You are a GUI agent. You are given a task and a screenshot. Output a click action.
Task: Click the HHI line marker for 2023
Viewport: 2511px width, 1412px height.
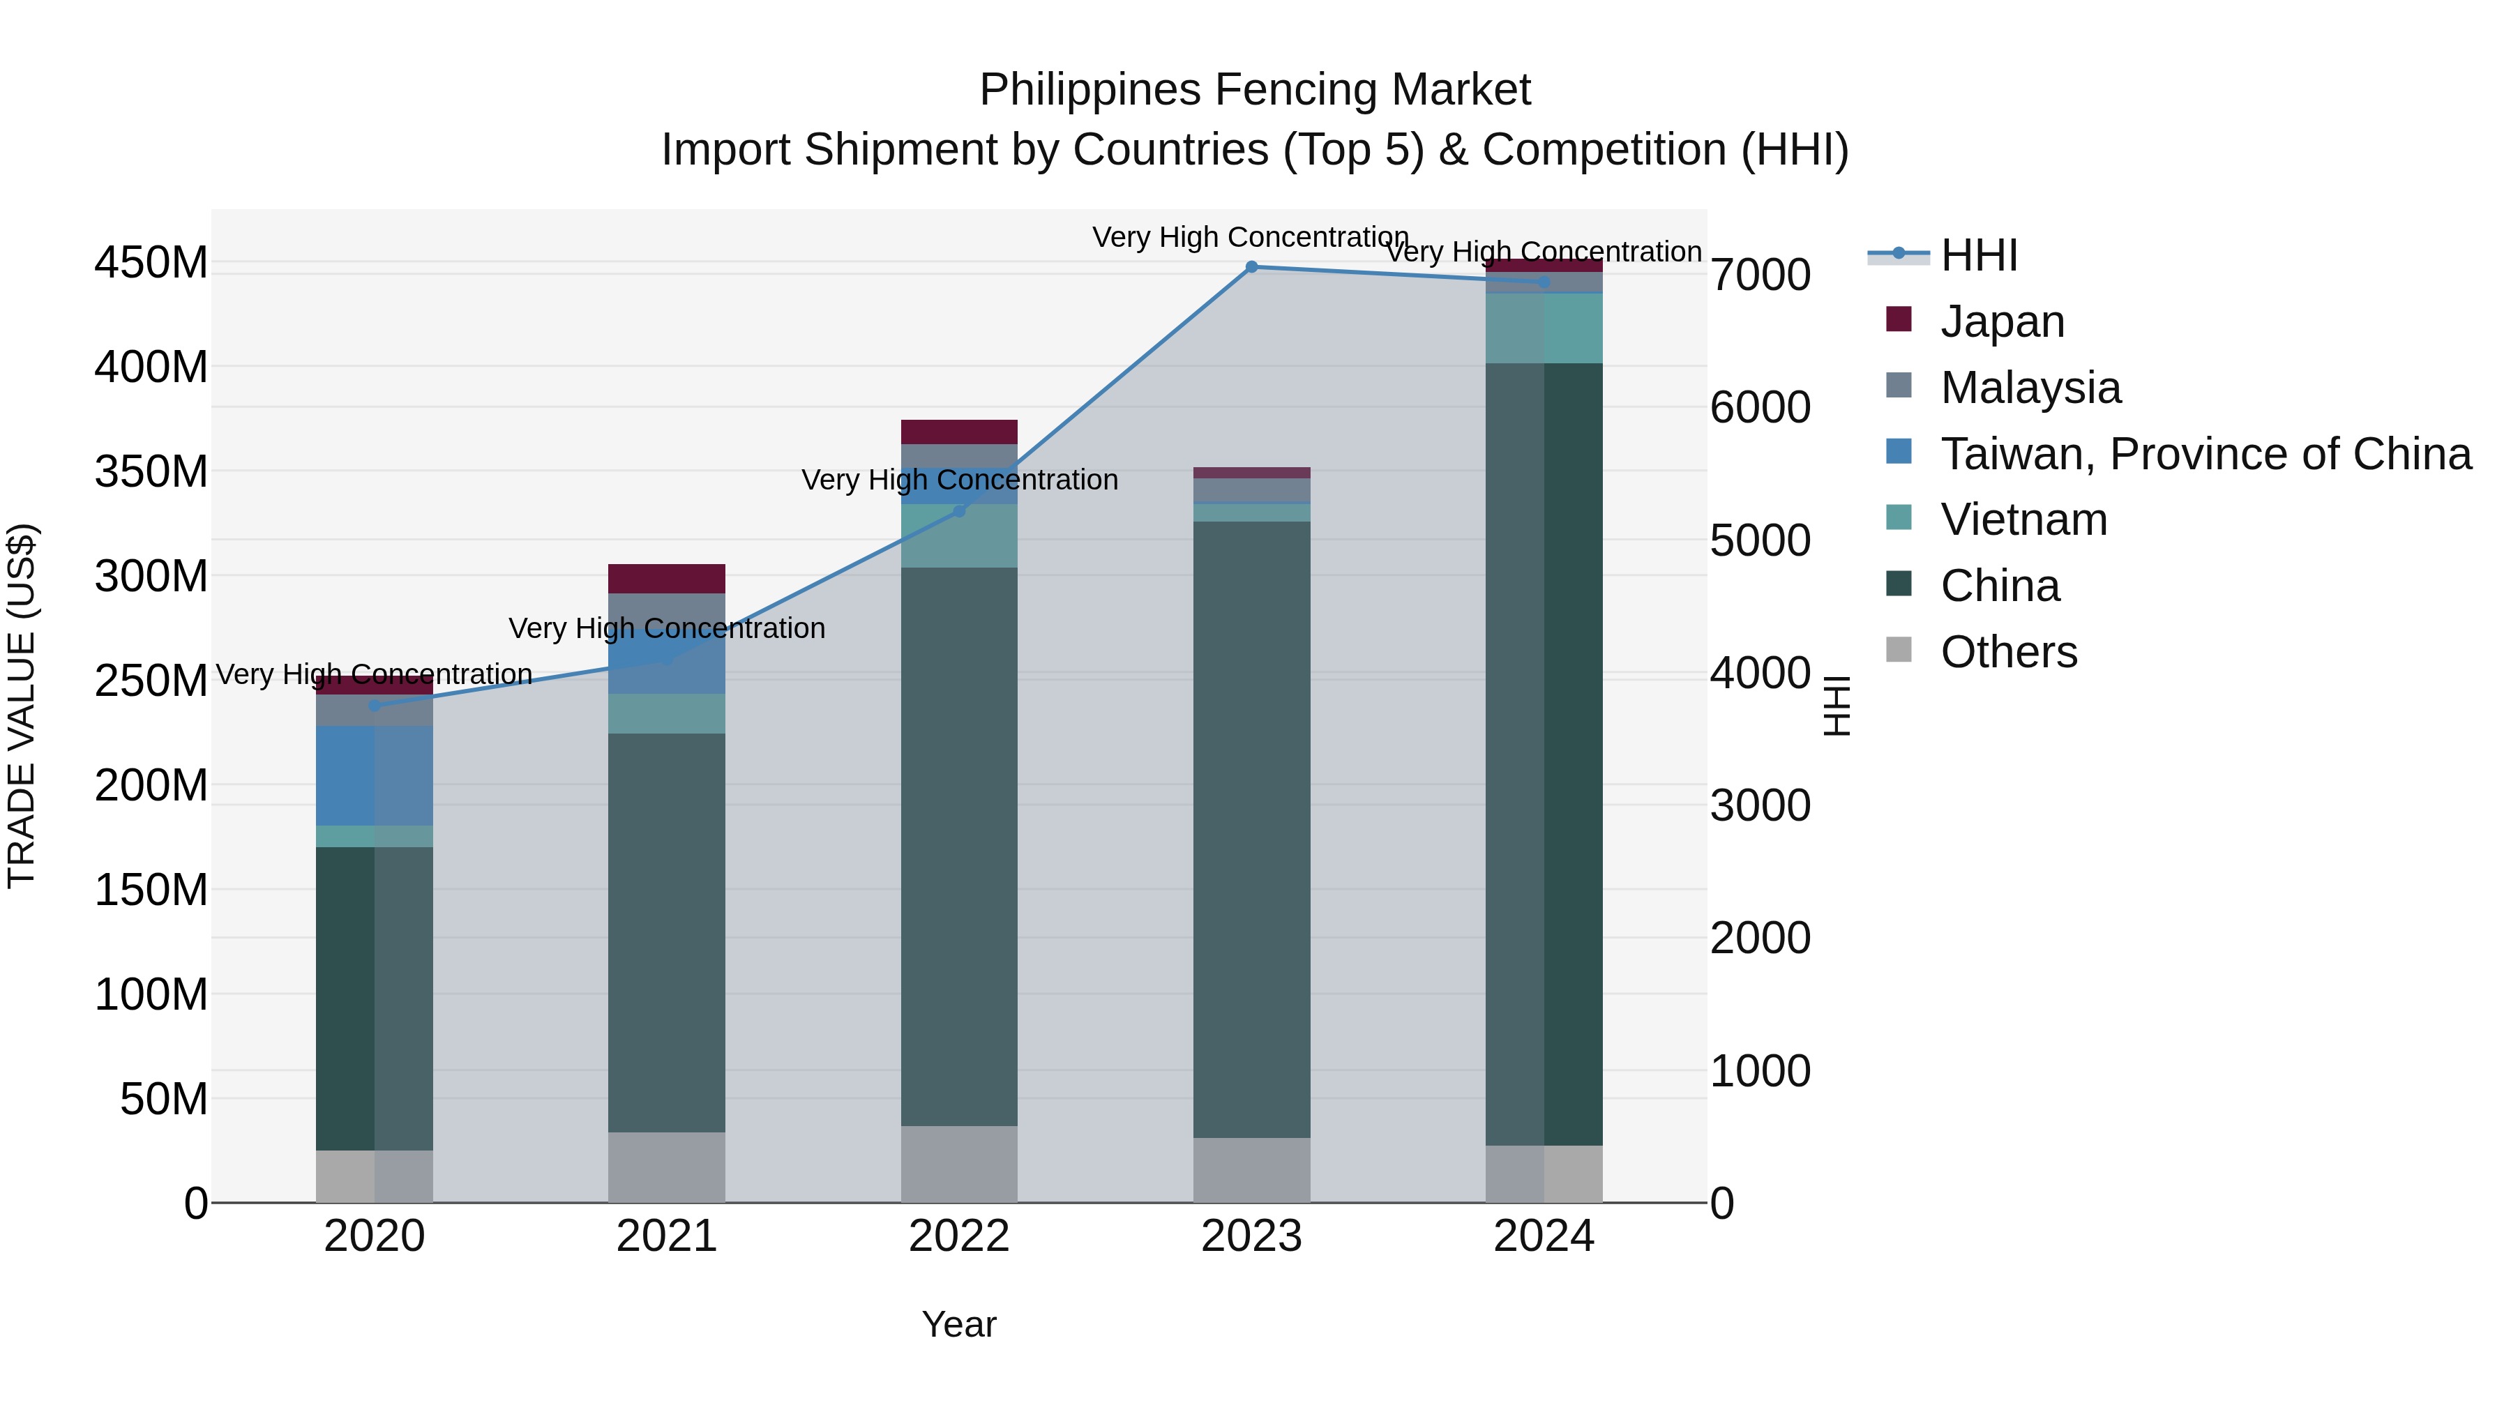pyautogui.click(x=1251, y=266)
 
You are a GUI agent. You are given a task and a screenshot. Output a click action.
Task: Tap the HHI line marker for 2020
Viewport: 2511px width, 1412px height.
pyautogui.click(x=375, y=706)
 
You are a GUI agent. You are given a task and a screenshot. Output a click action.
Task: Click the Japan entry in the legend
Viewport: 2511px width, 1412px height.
pyautogui.click(x=2001, y=321)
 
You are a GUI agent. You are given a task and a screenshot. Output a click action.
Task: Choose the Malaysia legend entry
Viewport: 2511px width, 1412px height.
pyautogui.click(x=2030, y=387)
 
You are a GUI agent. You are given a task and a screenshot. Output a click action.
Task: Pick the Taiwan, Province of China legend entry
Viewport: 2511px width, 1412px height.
pyautogui.click(x=2205, y=453)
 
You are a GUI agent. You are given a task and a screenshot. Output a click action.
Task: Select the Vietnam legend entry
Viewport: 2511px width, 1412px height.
pyautogui.click(x=2023, y=519)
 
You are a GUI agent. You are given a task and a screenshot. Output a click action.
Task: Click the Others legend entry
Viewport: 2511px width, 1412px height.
pyautogui.click(x=2008, y=652)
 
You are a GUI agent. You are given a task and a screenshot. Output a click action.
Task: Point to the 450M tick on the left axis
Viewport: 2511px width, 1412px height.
pyautogui.click(x=151, y=262)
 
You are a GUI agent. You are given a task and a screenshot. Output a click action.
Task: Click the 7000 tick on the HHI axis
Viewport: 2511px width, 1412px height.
pyautogui.click(x=1760, y=275)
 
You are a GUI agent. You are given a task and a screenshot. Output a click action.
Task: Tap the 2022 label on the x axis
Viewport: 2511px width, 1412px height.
pyautogui.click(x=959, y=1236)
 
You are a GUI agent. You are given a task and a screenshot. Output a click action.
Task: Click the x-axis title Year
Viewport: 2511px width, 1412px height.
pyautogui.click(x=959, y=1324)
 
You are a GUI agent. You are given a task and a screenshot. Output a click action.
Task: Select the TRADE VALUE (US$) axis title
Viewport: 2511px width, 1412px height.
pyautogui.click(x=22, y=706)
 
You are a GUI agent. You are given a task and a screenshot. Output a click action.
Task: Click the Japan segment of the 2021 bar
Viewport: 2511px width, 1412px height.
pyautogui.click(x=667, y=579)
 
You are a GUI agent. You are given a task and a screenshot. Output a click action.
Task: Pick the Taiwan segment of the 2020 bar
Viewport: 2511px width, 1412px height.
pyautogui.click(x=375, y=775)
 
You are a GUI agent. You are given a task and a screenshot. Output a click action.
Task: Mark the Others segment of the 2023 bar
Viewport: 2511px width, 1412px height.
pyautogui.click(x=1251, y=1169)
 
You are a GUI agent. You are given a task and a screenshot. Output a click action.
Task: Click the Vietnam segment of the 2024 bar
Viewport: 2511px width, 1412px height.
pyautogui.click(x=1544, y=328)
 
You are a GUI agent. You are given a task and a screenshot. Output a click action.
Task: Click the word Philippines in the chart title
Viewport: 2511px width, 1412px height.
pyautogui.click(x=1089, y=90)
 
